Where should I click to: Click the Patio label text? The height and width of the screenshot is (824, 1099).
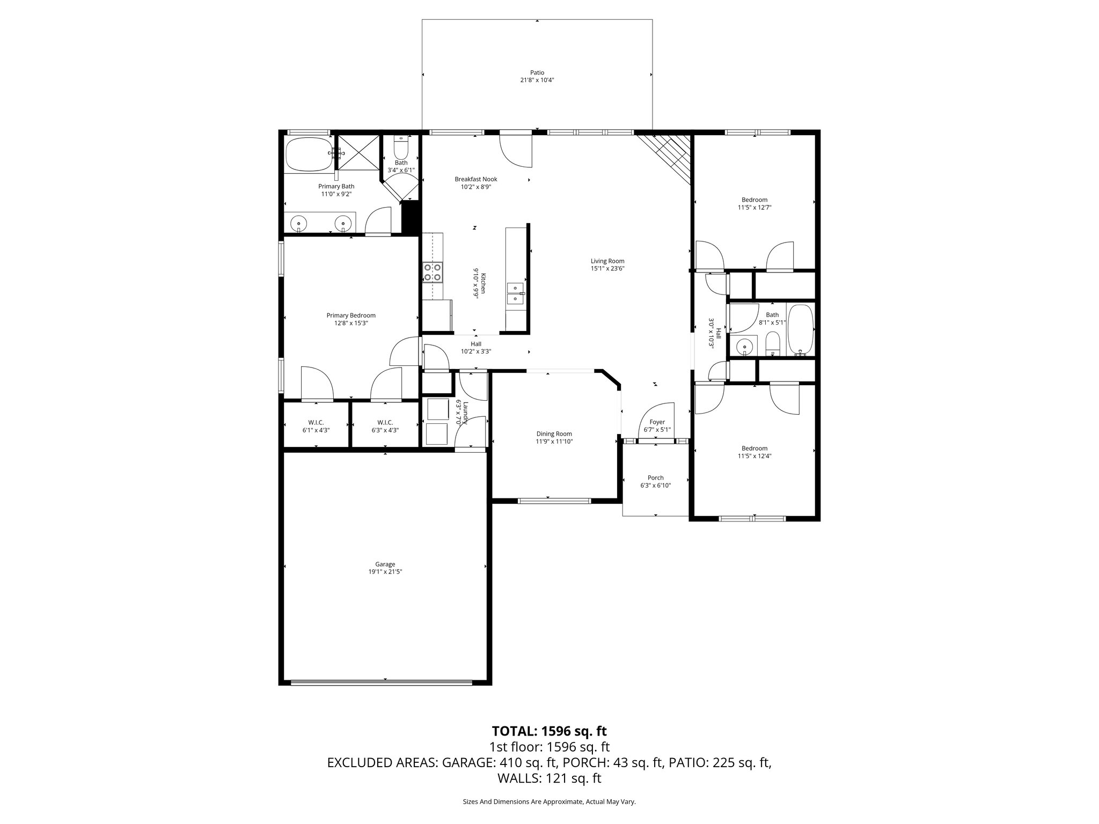pyautogui.click(x=537, y=72)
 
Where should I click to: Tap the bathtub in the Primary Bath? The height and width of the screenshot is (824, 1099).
pyautogui.click(x=307, y=153)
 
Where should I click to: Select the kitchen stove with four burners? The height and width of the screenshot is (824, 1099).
pyautogui.click(x=433, y=271)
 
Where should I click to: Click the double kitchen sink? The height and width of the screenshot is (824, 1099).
pyautogui.click(x=515, y=293)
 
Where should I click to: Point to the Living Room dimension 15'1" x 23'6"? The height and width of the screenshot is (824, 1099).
pyautogui.click(x=608, y=269)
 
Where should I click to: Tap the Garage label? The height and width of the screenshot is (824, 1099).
pyautogui.click(x=385, y=564)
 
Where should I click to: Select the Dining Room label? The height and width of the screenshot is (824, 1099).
pyautogui.click(x=554, y=434)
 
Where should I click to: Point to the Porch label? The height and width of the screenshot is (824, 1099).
pyautogui.click(x=655, y=478)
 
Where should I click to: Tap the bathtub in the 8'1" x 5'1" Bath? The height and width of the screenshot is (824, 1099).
pyautogui.click(x=801, y=329)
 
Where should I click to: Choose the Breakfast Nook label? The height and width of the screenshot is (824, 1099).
pyautogui.click(x=476, y=179)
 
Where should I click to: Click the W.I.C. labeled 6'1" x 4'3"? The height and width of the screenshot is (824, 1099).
pyautogui.click(x=316, y=426)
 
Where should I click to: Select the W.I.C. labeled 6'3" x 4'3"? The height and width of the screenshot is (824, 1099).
pyautogui.click(x=385, y=426)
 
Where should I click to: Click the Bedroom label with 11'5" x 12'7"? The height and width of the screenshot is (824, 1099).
pyautogui.click(x=754, y=200)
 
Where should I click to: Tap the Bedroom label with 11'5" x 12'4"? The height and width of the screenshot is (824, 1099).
pyautogui.click(x=754, y=448)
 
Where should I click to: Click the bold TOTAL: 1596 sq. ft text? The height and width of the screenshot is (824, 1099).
pyautogui.click(x=549, y=731)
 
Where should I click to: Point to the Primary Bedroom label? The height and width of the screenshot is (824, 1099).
pyautogui.click(x=351, y=315)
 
